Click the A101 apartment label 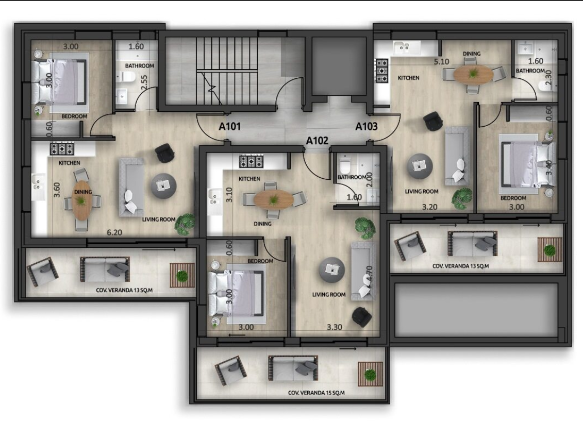[229, 127]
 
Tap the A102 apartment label [317, 141]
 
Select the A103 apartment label [366, 127]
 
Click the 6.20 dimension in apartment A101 [114, 232]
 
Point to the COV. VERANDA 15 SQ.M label [317, 393]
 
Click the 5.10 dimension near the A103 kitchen [441, 62]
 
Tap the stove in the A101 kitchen [62, 149]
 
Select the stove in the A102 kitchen [251, 162]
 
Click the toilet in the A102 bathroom [344, 163]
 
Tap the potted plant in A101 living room [185, 224]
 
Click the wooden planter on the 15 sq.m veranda [370, 374]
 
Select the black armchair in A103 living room [433, 121]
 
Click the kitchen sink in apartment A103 [405, 47]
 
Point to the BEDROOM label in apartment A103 [513, 198]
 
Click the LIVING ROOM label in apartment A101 [159, 220]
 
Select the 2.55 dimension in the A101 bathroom [144, 82]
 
